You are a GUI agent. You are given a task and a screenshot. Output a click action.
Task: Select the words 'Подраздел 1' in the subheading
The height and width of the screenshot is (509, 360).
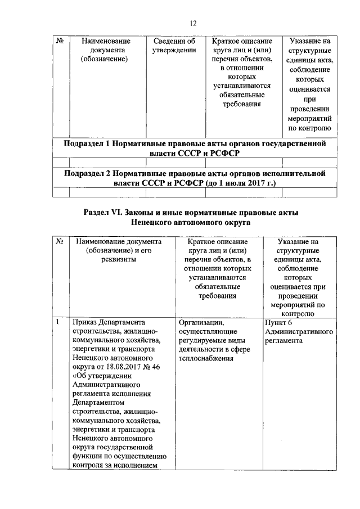pos(86,144)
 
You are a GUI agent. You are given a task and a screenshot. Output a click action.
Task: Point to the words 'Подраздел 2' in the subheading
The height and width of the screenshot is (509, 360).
pos(86,174)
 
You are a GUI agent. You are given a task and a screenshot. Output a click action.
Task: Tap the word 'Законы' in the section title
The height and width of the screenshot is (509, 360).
pos(146,213)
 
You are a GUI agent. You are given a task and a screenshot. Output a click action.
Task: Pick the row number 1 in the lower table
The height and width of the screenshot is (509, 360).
pos(58,323)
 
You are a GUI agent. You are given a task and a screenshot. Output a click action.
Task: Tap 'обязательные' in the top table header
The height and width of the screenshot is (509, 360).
pos(241,94)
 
